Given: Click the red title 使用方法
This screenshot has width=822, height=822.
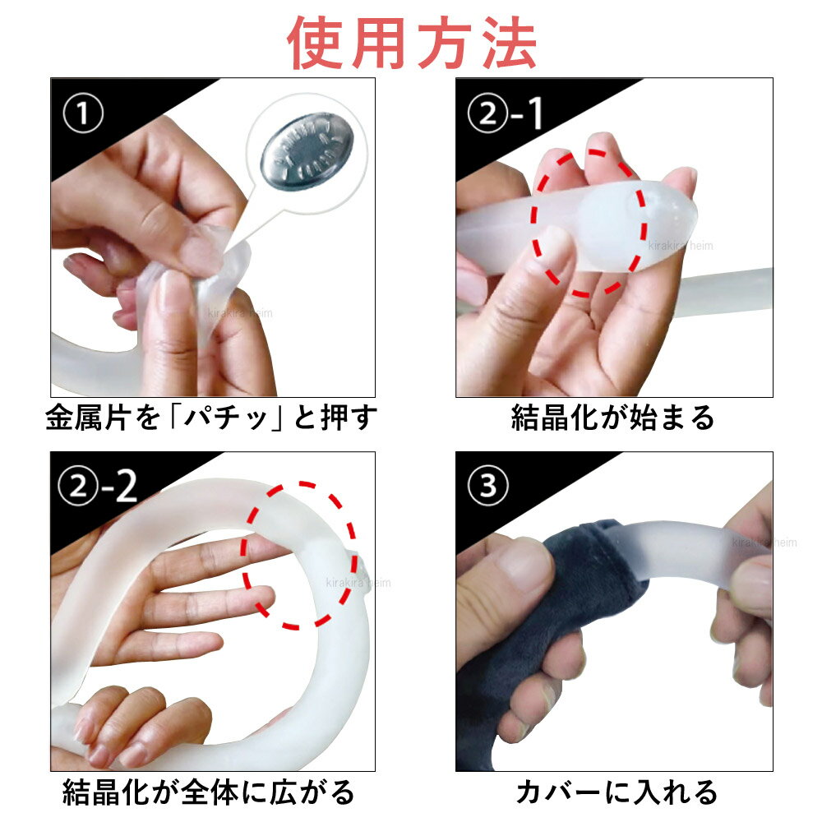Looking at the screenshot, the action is (412, 43).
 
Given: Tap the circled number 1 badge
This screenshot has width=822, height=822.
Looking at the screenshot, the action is (83, 113).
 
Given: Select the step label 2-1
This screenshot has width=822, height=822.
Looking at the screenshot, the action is (505, 113).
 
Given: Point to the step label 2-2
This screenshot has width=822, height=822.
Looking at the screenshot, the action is (98, 486).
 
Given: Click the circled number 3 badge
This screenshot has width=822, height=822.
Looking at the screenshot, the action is (488, 486).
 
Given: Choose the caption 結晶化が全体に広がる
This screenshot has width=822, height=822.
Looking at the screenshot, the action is (209, 792).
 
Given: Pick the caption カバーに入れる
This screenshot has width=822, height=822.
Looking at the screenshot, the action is (616, 792).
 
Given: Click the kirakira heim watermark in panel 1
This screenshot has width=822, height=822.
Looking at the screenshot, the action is (240, 313).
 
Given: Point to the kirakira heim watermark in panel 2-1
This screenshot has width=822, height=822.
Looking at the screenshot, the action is (681, 245).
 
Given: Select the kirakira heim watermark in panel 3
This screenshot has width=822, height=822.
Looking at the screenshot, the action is (764, 543).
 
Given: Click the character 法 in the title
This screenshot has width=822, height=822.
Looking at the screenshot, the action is (509, 43).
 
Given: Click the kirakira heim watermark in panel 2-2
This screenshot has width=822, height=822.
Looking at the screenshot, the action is (358, 583).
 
